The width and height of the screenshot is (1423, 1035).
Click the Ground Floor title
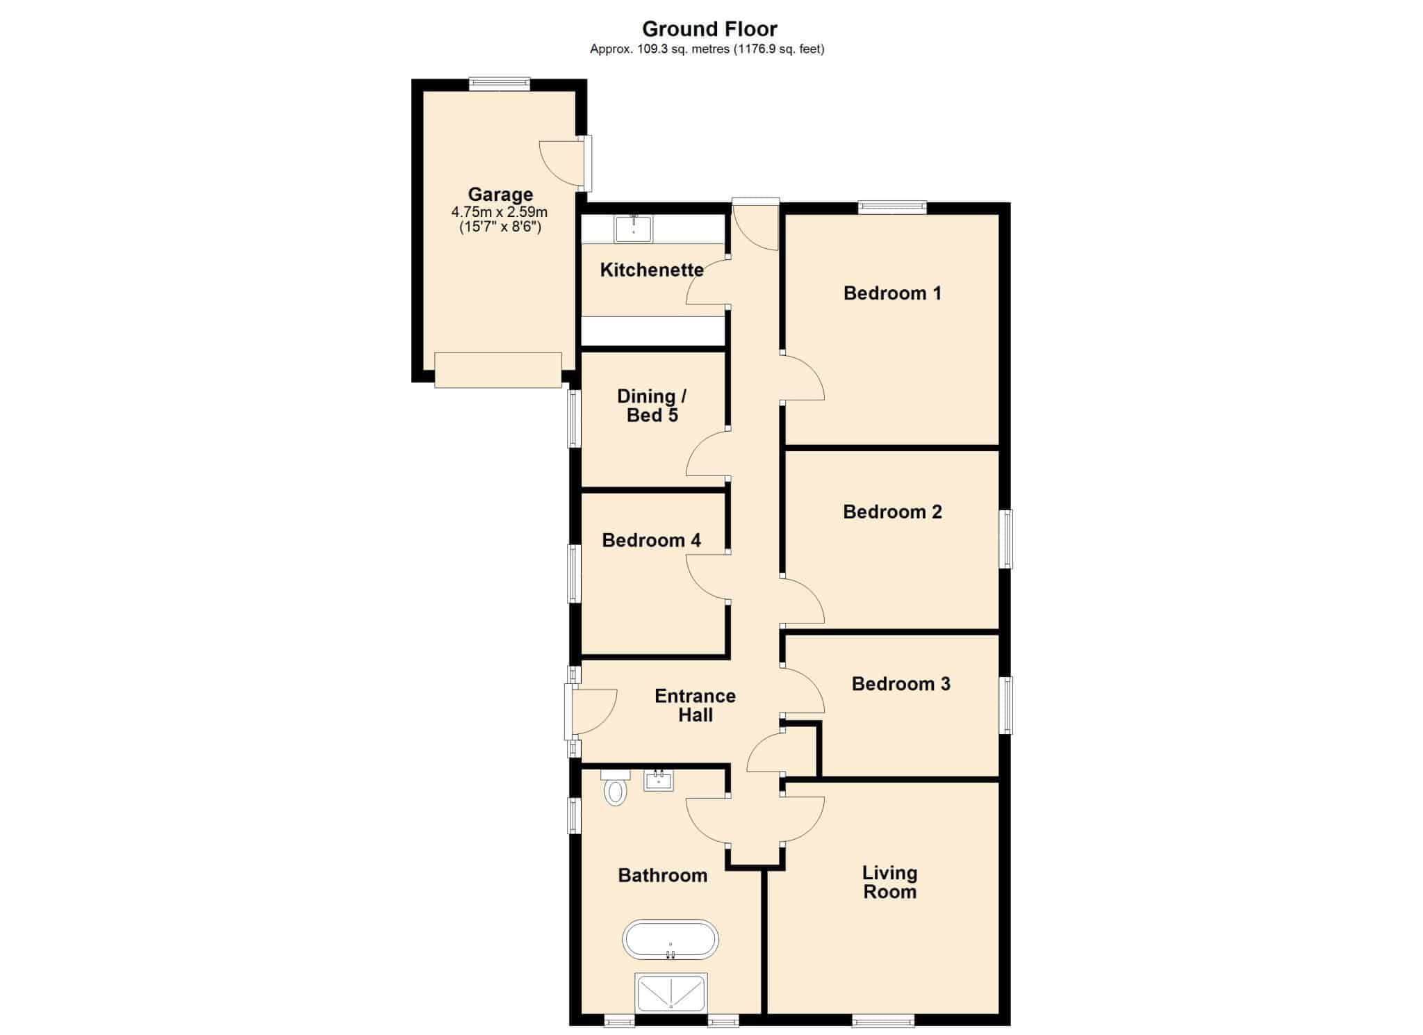[709, 28]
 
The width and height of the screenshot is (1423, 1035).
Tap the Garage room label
[500, 195]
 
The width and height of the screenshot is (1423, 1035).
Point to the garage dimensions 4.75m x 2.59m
[500, 212]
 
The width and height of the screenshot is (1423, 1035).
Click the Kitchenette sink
[634, 229]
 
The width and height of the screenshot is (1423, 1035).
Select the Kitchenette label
[652, 270]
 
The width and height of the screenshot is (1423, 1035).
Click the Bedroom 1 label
[892, 293]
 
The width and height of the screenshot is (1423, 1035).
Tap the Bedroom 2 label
[892, 512]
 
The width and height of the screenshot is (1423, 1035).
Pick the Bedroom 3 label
[900, 684]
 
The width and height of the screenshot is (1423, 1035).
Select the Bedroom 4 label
[651, 540]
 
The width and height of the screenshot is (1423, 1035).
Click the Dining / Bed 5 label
[652, 406]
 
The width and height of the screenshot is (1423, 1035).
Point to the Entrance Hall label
[695, 706]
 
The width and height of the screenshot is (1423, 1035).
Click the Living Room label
[890, 882]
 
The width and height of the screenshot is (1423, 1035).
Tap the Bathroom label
[662, 875]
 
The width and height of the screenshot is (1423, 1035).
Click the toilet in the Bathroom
[615, 787]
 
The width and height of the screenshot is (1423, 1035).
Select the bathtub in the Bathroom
[671, 940]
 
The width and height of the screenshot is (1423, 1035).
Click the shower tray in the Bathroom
[671, 993]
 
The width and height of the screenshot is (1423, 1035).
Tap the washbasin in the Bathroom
[659, 780]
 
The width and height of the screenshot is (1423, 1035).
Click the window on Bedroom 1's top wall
[892, 207]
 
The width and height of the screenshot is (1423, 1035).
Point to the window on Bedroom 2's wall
[1005, 539]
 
